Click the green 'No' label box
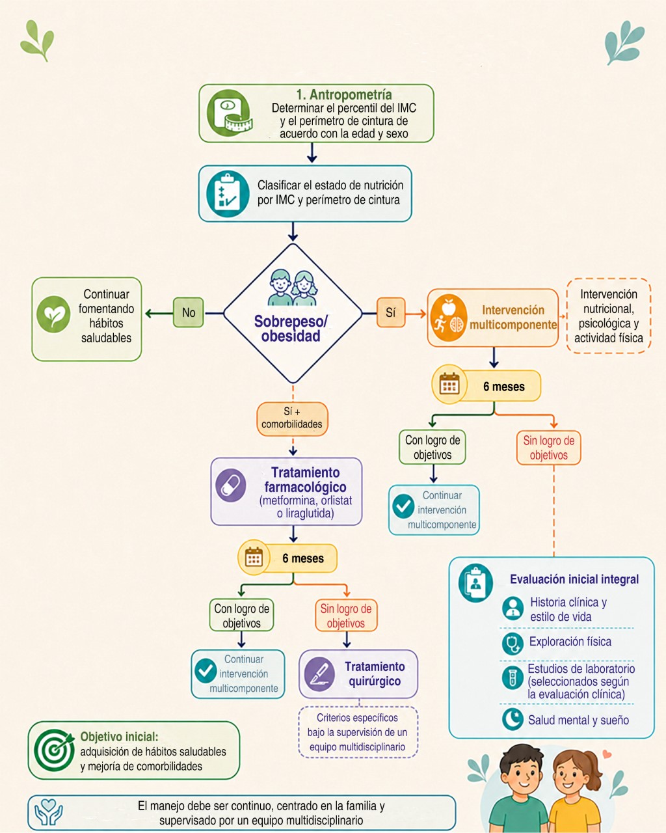click(189, 312)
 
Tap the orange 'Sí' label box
click(391, 312)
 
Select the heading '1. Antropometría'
click(344, 94)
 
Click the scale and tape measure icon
click(229, 113)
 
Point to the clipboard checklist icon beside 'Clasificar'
click(228, 193)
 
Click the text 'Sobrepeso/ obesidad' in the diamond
click(291, 329)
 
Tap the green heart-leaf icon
click(53, 314)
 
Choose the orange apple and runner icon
click(447, 318)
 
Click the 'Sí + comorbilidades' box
click(292, 418)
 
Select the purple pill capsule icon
click(231, 485)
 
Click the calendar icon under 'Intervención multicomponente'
click(449, 383)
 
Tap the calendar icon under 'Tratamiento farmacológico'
click(254, 558)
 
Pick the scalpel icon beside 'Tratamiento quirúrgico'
click(319, 674)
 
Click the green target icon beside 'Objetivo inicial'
click(54, 750)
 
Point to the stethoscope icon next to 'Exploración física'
click(513, 644)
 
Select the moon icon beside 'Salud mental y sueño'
click(513, 719)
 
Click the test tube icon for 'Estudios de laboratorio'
click(513, 677)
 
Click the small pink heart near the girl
click(607, 754)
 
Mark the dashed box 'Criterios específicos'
click(358, 732)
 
